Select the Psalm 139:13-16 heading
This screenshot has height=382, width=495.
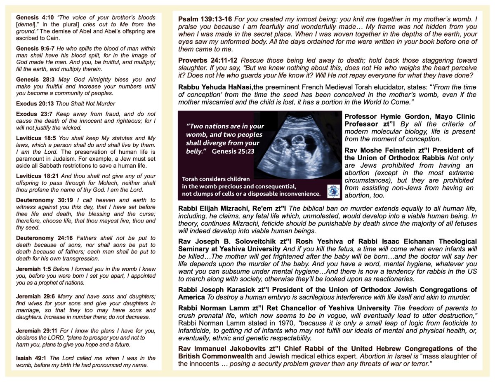click(205, 19)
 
